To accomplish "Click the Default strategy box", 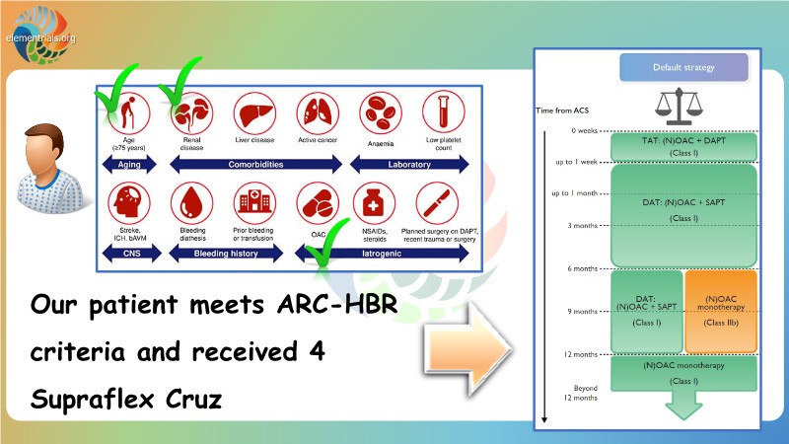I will click(683, 69).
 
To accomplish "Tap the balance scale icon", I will click(683, 107).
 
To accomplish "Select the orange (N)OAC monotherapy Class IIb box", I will click(720, 311).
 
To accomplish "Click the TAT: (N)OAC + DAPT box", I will click(683, 146).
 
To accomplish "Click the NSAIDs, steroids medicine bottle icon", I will click(376, 203).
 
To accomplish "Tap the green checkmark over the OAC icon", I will click(326, 249).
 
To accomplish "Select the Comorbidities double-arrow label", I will click(251, 165).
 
